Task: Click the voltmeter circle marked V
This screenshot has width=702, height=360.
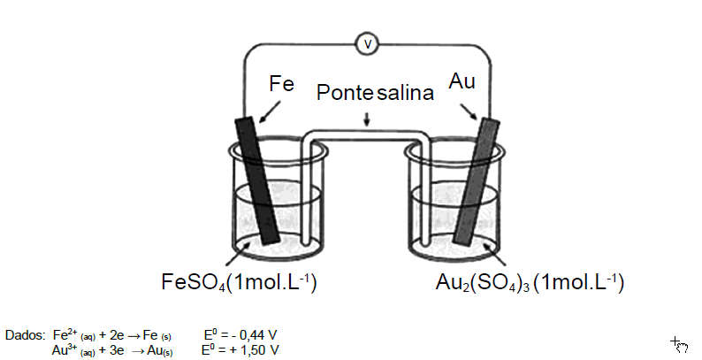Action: pyautogui.click(x=367, y=44)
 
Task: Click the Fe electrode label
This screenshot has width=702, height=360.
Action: pyautogui.click(x=282, y=84)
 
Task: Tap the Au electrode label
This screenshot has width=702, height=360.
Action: pyautogui.click(x=462, y=81)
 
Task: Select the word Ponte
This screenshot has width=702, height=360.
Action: pyautogui.click(x=345, y=93)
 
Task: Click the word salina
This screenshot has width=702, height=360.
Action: pyautogui.click(x=405, y=93)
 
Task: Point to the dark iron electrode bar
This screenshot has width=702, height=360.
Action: pyautogui.click(x=257, y=180)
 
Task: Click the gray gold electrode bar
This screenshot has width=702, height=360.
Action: pyautogui.click(x=477, y=182)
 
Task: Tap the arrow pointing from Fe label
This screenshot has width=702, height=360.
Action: pyautogui.click(x=269, y=111)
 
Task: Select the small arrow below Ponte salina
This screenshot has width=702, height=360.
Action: pyautogui.click(x=367, y=119)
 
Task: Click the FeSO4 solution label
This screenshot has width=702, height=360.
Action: pyautogui.click(x=239, y=282)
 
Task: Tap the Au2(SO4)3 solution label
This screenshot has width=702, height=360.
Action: pyautogui.click(x=530, y=282)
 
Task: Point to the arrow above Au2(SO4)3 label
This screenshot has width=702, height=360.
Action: pyautogui.click(x=495, y=254)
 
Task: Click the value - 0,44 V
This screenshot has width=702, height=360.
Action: pyautogui.click(x=255, y=334)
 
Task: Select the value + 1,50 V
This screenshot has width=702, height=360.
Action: pyautogui.click(x=255, y=349)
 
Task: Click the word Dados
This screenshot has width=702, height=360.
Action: pyautogui.click(x=25, y=335)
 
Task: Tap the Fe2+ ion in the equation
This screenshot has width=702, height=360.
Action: pyautogui.click(x=65, y=334)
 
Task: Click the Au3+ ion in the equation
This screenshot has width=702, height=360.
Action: pyautogui.click(x=65, y=349)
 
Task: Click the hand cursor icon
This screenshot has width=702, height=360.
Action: pyautogui.click(x=680, y=345)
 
